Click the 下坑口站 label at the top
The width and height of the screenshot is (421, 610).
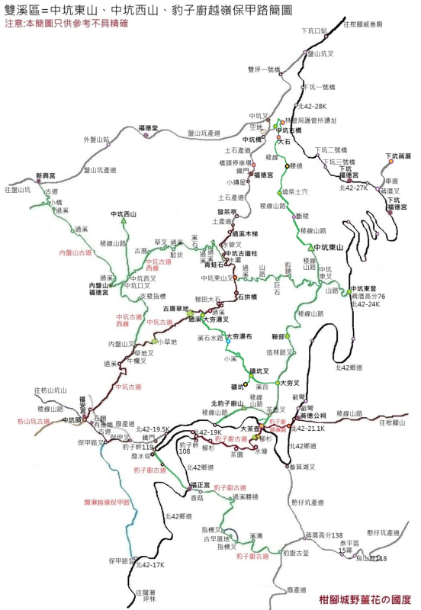(x=313, y=30)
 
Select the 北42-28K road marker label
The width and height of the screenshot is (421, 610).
(x=313, y=106)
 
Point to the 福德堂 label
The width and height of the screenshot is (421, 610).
(x=148, y=127)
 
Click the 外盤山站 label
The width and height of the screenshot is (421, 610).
(x=96, y=140)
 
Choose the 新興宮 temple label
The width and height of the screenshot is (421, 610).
(x=47, y=176)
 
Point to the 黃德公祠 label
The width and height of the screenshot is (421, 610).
(x=313, y=415)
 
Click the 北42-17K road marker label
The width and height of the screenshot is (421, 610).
(x=149, y=565)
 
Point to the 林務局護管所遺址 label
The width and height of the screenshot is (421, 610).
(x=310, y=120)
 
